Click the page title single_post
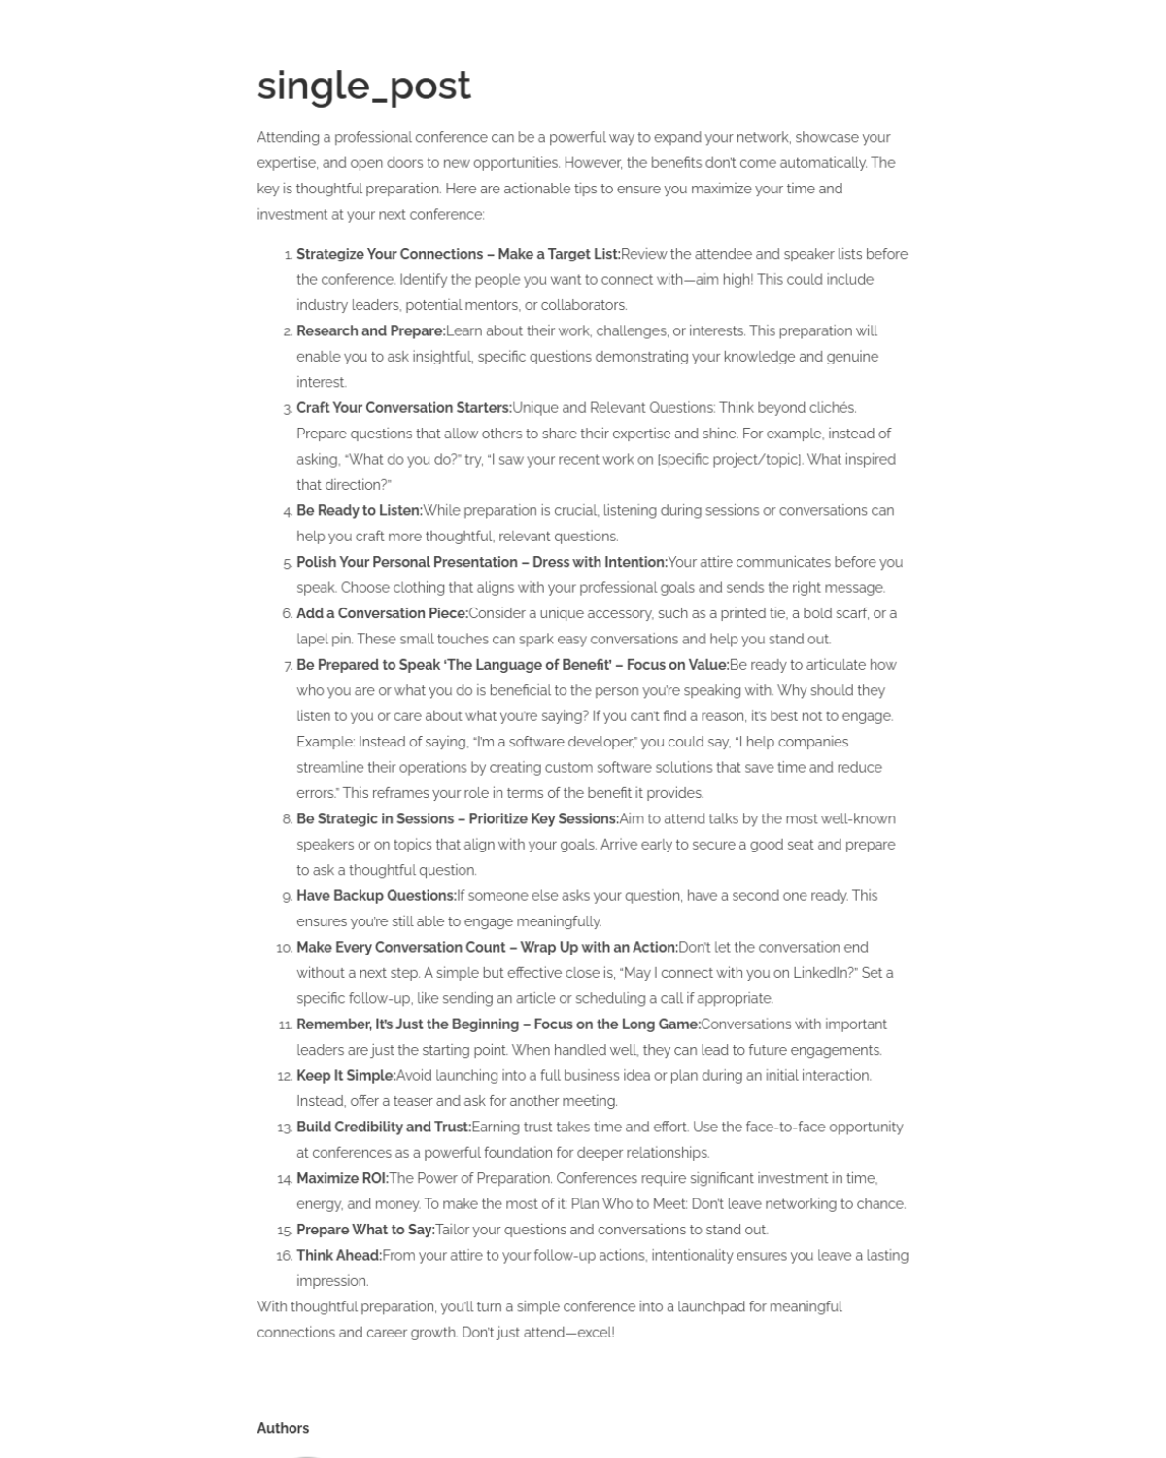(363, 86)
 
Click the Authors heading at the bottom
(283, 1428)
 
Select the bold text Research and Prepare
(370, 330)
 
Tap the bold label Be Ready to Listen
(359, 510)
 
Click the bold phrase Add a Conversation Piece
(382, 613)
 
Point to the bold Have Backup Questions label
(376, 895)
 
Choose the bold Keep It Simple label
(346, 1075)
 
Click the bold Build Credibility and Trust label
(383, 1127)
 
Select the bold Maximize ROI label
(342, 1178)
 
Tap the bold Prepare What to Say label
(365, 1230)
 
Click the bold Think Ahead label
(339, 1255)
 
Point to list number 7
(288, 666)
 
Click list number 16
(284, 1256)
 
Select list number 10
(284, 948)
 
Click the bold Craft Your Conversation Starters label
(403, 407)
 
